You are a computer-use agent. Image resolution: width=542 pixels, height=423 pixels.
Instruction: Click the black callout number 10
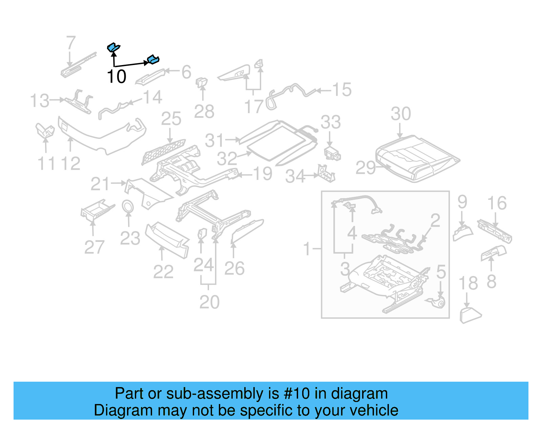click(117, 77)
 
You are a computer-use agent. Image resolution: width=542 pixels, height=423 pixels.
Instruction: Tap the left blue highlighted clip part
click(113, 47)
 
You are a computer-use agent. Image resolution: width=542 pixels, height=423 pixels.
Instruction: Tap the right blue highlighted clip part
click(153, 60)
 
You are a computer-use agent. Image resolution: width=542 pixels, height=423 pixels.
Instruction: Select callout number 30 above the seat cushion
click(401, 114)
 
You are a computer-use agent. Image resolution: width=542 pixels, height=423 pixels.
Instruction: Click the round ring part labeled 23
click(128, 206)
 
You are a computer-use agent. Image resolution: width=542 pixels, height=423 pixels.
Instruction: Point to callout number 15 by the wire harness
click(341, 90)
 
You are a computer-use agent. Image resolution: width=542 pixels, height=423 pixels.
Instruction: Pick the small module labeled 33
click(332, 153)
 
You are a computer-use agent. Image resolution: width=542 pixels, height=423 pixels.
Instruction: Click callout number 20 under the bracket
click(209, 302)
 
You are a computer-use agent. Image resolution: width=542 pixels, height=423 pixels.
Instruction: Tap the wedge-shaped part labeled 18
click(470, 315)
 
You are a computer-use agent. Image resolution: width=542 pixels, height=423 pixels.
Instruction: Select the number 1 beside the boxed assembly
click(307, 249)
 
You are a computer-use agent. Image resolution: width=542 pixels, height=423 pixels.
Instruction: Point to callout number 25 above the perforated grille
click(171, 119)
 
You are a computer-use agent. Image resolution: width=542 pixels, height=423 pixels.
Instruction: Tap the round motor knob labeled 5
click(440, 302)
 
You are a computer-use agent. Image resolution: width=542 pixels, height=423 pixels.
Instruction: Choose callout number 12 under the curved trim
click(70, 164)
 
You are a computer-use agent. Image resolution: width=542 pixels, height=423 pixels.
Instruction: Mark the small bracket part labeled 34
click(326, 173)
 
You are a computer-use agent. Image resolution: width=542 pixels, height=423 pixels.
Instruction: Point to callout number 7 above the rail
click(70, 43)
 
